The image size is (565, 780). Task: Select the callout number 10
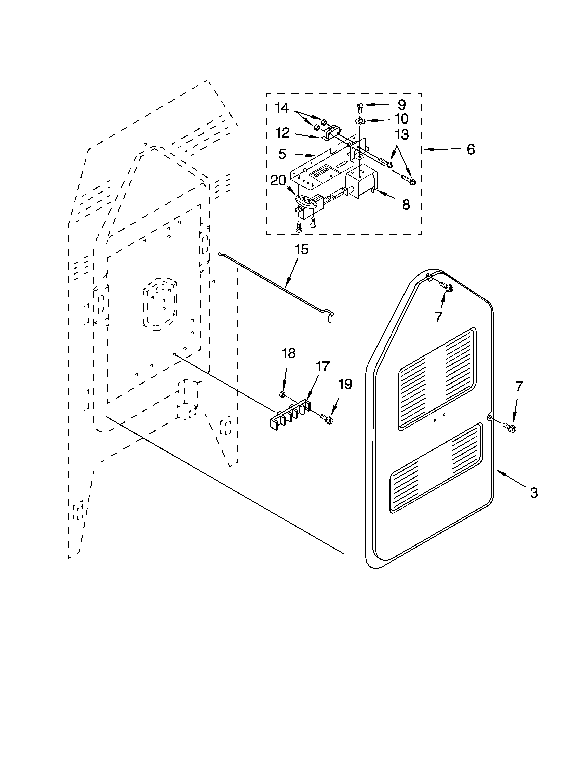click(401, 119)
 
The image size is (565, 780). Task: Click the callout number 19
click(345, 384)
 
